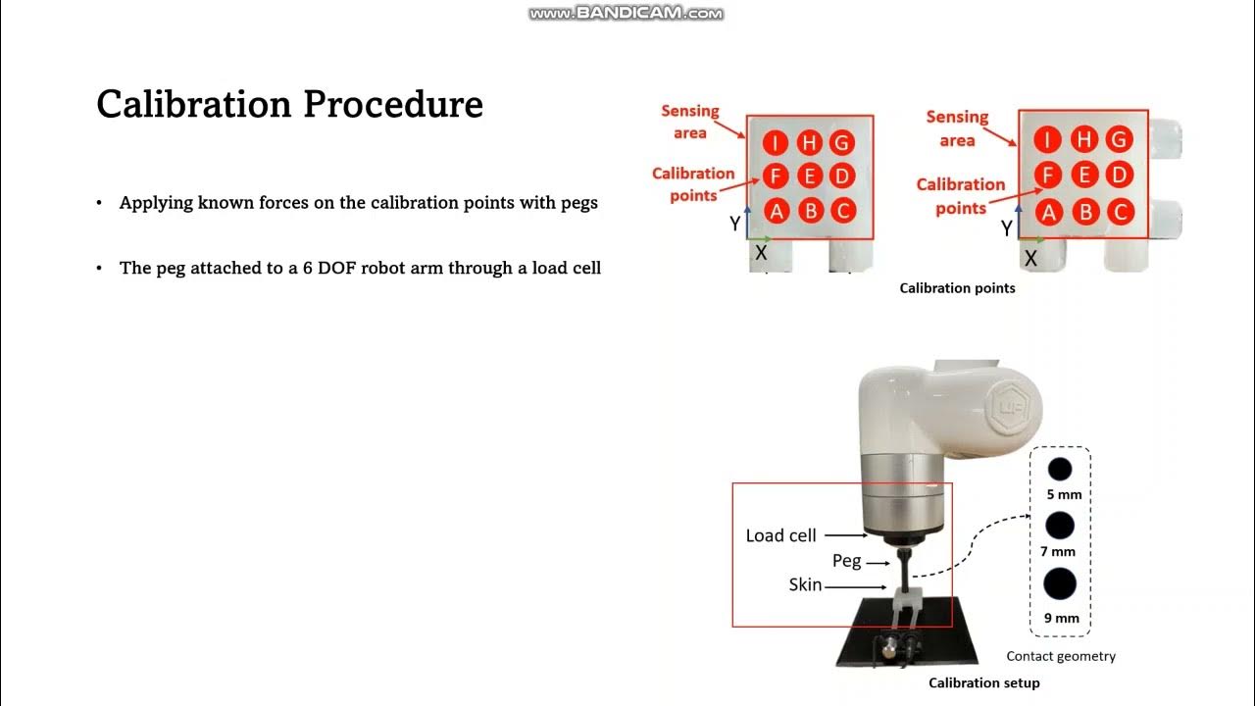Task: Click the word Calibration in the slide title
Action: (x=194, y=104)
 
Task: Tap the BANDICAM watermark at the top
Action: (x=626, y=13)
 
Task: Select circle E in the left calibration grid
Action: (x=810, y=176)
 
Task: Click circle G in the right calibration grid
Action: (x=1119, y=139)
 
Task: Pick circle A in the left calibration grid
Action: (x=776, y=211)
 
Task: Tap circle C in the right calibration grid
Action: (x=1120, y=212)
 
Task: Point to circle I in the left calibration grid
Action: (x=776, y=142)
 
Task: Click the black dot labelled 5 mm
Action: (x=1060, y=469)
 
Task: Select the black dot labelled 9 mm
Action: (x=1060, y=583)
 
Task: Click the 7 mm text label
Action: (x=1058, y=551)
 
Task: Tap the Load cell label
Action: (x=780, y=535)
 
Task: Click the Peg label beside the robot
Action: (x=846, y=561)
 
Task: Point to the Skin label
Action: (x=805, y=584)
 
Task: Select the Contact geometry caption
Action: (x=1061, y=656)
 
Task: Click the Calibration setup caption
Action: (x=983, y=682)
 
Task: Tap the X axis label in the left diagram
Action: (x=760, y=253)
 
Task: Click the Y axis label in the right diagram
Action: (x=1006, y=228)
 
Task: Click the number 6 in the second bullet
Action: (x=308, y=268)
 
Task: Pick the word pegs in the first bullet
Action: (x=579, y=203)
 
